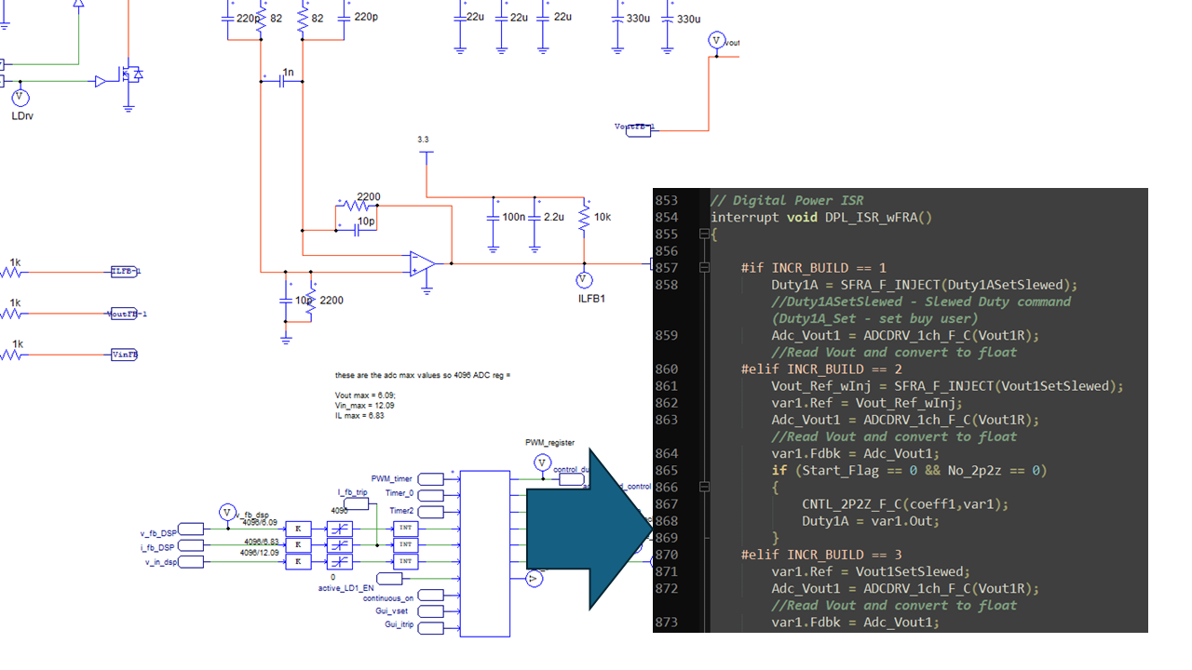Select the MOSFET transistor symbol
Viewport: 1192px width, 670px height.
pyautogui.click(x=129, y=75)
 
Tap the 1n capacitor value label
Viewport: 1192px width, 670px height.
pyautogui.click(x=288, y=73)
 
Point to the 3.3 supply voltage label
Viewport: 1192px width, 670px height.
pyautogui.click(x=423, y=140)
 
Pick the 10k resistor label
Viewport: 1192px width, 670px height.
pyautogui.click(x=603, y=217)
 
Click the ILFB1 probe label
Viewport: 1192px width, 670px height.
pyautogui.click(x=591, y=298)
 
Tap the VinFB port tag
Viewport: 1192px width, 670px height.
pyautogui.click(x=123, y=355)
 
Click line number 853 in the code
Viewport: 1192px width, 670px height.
pyautogui.click(x=667, y=201)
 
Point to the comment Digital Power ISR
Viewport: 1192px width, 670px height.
pyautogui.click(x=787, y=201)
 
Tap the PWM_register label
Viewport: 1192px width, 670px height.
pyautogui.click(x=549, y=444)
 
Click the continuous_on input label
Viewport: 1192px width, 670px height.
pyautogui.click(x=388, y=597)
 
